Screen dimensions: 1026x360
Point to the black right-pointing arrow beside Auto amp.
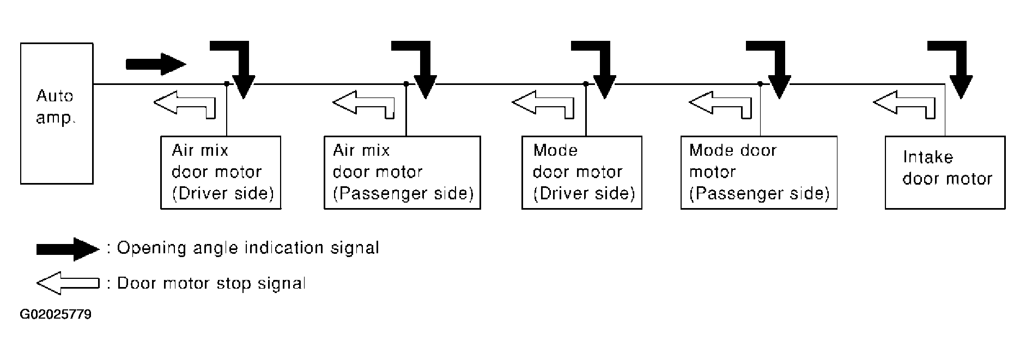coord(156,64)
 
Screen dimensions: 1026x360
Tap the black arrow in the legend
coord(68,249)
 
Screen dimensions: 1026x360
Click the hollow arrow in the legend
coord(68,283)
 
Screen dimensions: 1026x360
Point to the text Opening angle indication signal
coord(248,248)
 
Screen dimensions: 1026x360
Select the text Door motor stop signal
coord(211,283)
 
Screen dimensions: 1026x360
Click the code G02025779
coord(56,315)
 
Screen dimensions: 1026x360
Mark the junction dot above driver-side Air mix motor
coord(226,84)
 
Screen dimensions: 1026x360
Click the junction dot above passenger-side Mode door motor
coord(760,84)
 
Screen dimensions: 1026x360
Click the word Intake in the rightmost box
coord(928,157)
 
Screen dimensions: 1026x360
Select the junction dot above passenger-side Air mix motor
coord(406,84)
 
